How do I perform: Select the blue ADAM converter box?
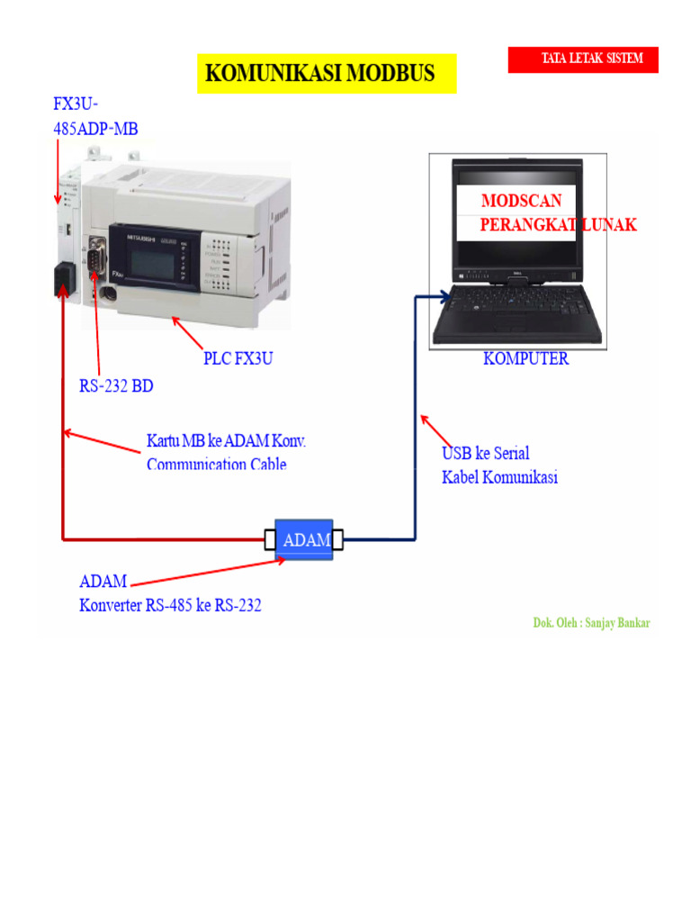pos(305,540)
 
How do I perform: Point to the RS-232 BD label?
pos(116,387)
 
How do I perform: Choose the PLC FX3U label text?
pos(238,358)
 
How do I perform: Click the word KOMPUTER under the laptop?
pos(525,358)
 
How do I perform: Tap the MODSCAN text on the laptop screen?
pos(519,200)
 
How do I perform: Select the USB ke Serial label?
pos(485,453)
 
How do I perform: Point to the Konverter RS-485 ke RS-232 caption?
pos(171,605)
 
